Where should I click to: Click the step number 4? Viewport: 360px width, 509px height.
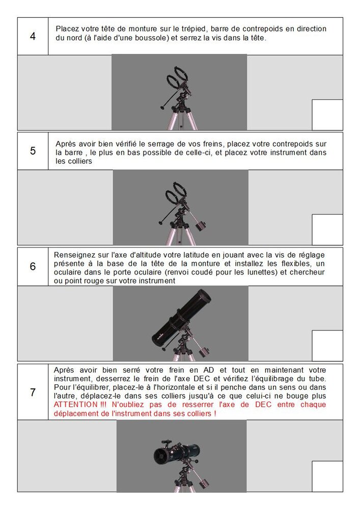(x=33, y=36)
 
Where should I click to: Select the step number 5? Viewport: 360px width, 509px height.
(x=33, y=151)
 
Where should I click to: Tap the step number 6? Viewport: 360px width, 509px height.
(x=33, y=267)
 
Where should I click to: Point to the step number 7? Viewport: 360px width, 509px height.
(x=33, y=392)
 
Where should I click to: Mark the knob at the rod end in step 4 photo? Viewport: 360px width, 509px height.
(x=162, y=107)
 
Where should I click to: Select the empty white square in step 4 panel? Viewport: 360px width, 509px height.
(x=327, y=115)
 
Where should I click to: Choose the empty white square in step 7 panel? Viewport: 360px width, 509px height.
(x=327, y=476)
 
